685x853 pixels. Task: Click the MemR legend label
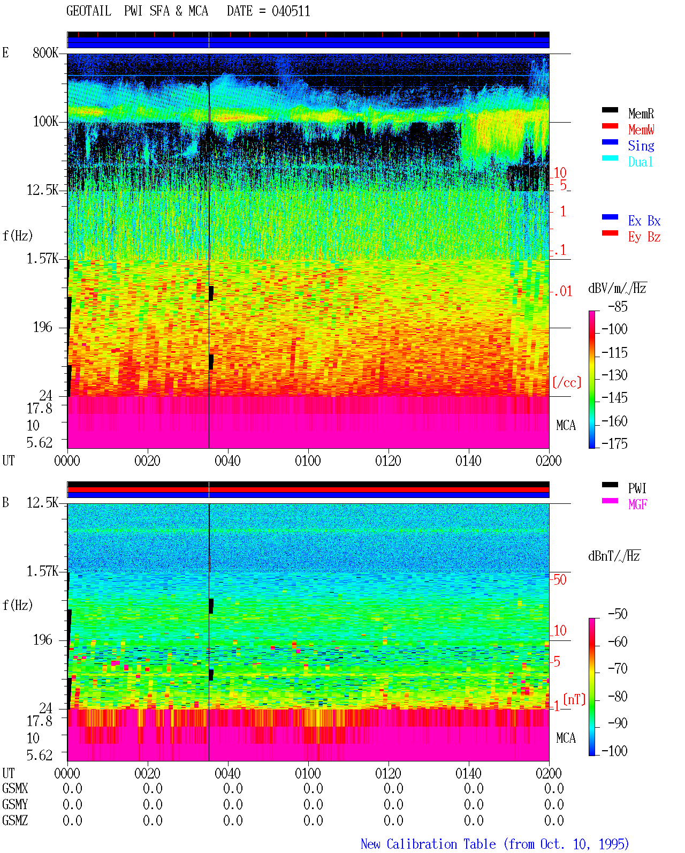(x=641, y=114)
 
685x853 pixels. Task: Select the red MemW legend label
(x=641, y=130)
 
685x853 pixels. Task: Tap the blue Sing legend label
(x=641, y=146)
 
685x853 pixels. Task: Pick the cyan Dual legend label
(x=640, y=162)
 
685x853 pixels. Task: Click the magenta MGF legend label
(x=637, y=504)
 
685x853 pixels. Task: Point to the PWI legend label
(x=637, y=488)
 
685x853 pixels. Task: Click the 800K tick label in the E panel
(x=45, y=52)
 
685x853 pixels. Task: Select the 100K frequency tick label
(x=45, y=122)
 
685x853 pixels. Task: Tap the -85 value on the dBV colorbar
(x=618, y=306)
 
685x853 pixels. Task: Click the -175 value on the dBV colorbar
(x=614, y=443)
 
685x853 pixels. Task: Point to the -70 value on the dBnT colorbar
(x=618, y=669)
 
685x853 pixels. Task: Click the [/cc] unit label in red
(x=567, y=382)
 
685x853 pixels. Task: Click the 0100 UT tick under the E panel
(x=308, y=461)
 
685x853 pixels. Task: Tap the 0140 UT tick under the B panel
(x=468, y=773)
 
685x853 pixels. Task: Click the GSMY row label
(x=15, y=804)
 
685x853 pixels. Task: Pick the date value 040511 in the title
(x=291, y=11)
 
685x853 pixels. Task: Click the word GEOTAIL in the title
(x=89, y=11)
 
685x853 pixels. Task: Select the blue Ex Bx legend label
(x=644, y=221)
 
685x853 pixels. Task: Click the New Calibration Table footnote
(x=494, y=844)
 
